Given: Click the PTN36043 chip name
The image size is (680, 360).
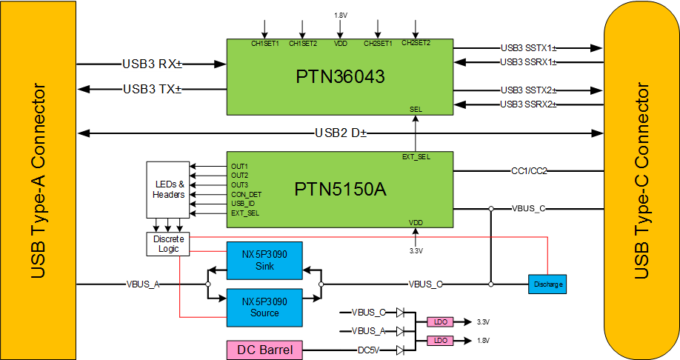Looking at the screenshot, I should click(340, 77).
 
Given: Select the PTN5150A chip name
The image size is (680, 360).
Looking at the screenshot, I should click(340, 190).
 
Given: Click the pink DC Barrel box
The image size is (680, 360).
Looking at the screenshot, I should click(264, 350).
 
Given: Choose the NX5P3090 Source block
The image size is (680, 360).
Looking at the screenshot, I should click(264, 307).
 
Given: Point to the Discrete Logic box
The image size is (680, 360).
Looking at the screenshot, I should click(168, 244).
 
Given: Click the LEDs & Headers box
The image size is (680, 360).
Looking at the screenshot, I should click(168, 189).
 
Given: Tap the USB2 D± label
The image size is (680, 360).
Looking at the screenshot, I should click(340, 133).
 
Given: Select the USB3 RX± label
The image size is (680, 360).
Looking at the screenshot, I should click(152, 64).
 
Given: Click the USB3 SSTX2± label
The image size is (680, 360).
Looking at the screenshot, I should click(527, 90).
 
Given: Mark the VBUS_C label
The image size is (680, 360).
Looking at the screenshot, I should click(528, 208).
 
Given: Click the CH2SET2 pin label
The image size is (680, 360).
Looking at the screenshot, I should click(416, 43).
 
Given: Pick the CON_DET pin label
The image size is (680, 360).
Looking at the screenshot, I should click(246, 194).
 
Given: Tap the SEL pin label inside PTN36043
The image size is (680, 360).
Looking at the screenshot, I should click(416, 109).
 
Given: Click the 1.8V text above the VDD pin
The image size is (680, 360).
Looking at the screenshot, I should click(340, 14).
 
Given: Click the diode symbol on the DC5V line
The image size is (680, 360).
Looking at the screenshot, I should click(400, 350).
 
